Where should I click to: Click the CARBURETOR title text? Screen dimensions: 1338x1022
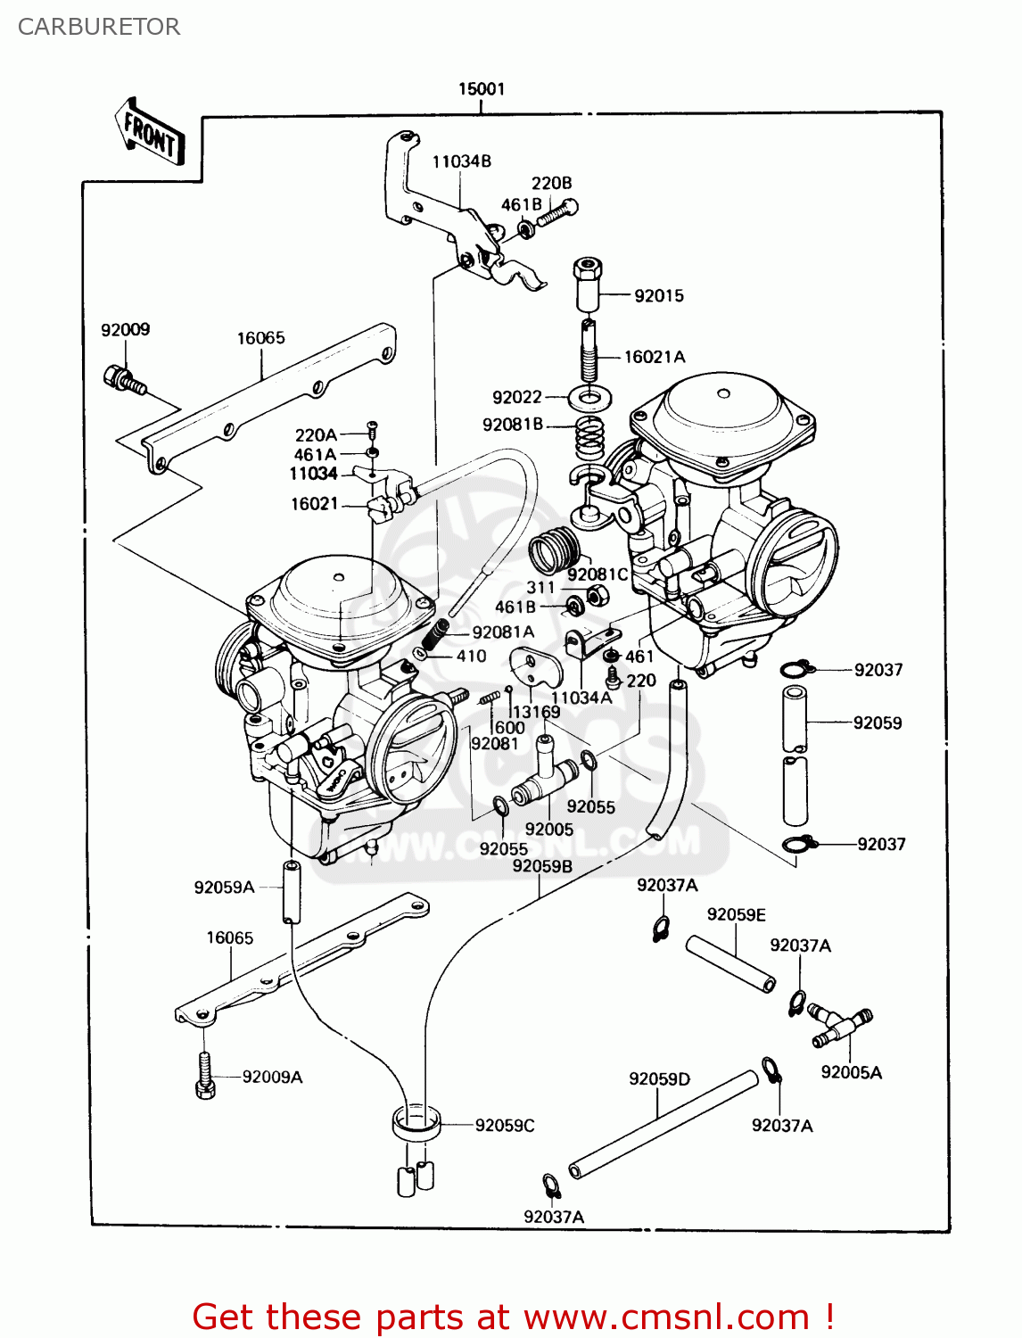[x=99, y=27]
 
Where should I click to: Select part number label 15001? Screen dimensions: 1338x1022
[x=482, y=89]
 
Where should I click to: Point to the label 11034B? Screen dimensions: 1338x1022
[x=461, y=161]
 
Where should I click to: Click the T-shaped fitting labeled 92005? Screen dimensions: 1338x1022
[x=543, y=776]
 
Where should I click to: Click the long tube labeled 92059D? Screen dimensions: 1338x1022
[x=663, y=1124]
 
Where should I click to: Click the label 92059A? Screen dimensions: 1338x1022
[x=224, y=888]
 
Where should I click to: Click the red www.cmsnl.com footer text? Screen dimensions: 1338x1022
[x=514, y=1317]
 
